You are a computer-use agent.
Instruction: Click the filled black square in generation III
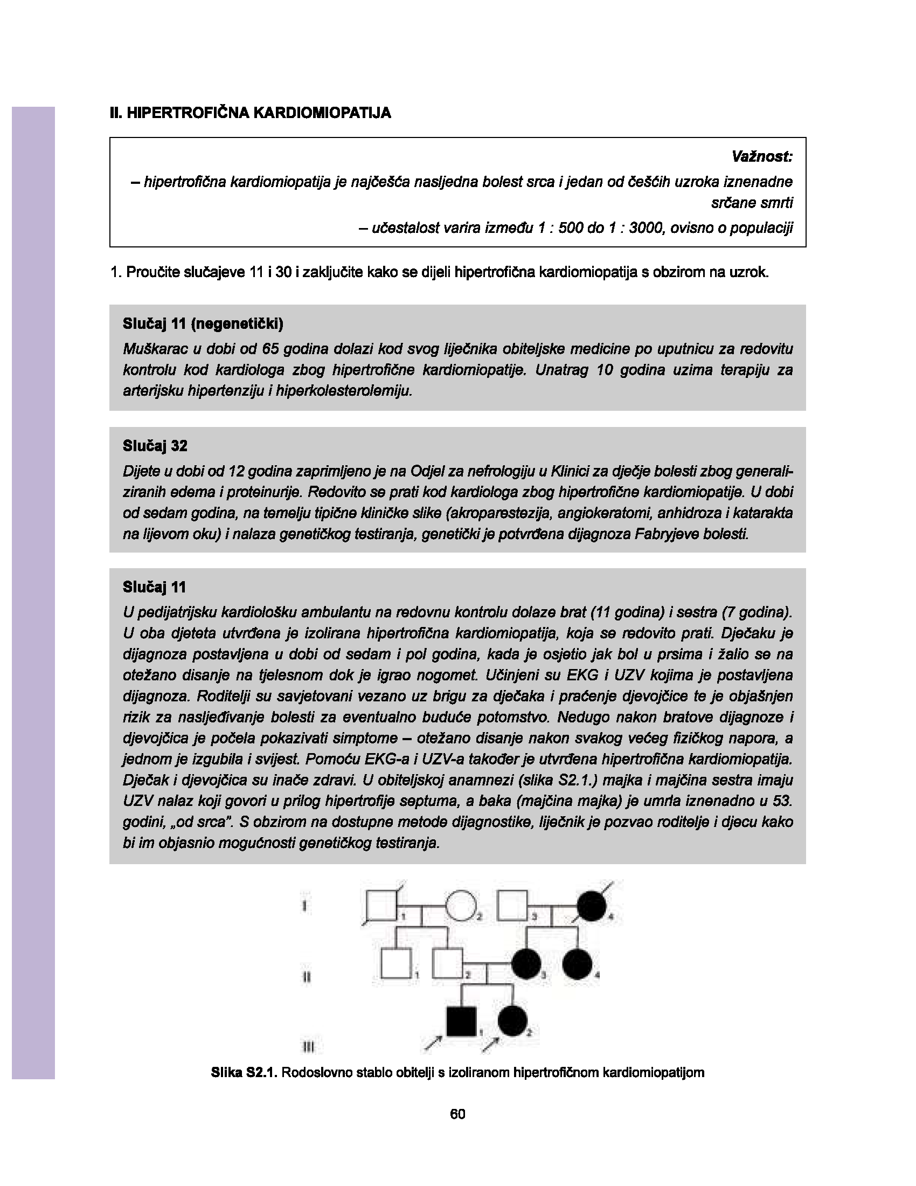(x=461, y=1021)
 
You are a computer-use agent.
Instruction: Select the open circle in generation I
(x=460, y=906)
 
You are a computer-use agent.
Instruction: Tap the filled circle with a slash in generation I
(x=592, y=906)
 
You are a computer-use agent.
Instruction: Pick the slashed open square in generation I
(x=382, y=906)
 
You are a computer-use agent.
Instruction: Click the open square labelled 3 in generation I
(x=513, y=906)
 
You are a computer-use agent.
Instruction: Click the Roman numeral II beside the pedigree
(x=306, y=977)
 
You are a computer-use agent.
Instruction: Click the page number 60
(x=457, y=1114)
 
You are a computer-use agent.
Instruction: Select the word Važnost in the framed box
(x=762, y=157)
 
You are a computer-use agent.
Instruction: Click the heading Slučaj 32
(x=155, y=446)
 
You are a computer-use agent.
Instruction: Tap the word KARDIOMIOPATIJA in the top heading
(x=322, y=113)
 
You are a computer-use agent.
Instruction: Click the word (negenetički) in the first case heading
(x=237, y=324)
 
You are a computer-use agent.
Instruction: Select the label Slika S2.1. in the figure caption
(x=244, y=1072)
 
